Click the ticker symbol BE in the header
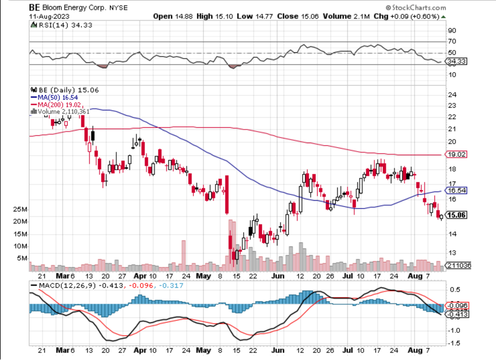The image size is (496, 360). pyautogui.click(x=34, y=7)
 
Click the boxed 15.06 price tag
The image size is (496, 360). pyautogui.click(x=456, y=215)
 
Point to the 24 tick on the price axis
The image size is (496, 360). pyautogui.click(x=452, y=96)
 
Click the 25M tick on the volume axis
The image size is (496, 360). pyautogui.click(x=21, y=209)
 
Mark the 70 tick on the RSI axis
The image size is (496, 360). pyautogui.click(x=452, y=41)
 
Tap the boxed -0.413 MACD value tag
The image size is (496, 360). pyautogui.click(x=456, y=314)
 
